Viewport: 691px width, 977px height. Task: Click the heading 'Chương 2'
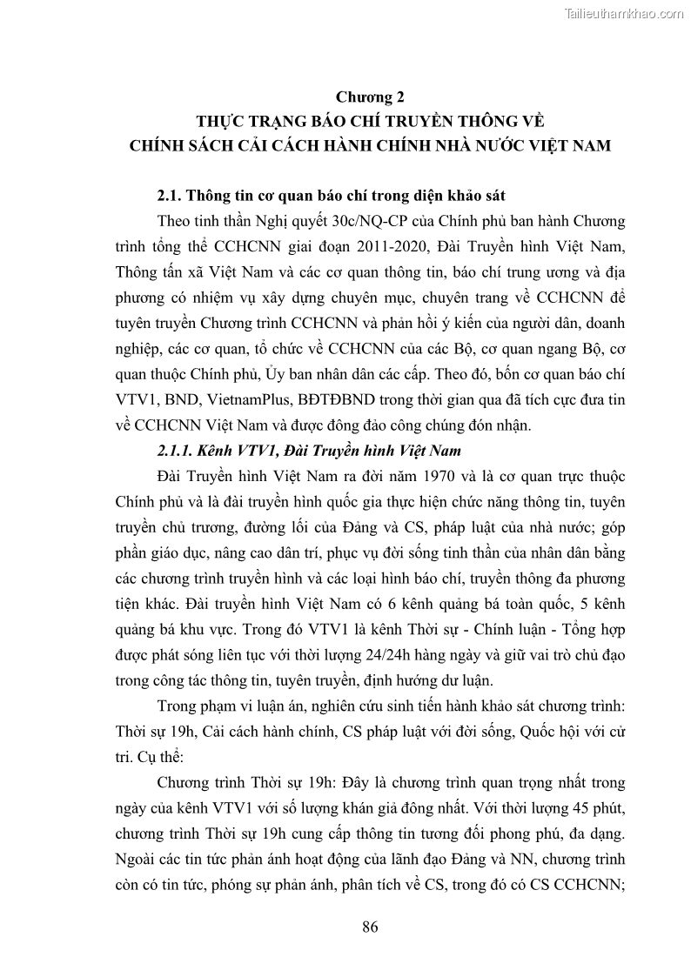371,97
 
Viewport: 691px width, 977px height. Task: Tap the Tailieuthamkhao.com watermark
624,13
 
